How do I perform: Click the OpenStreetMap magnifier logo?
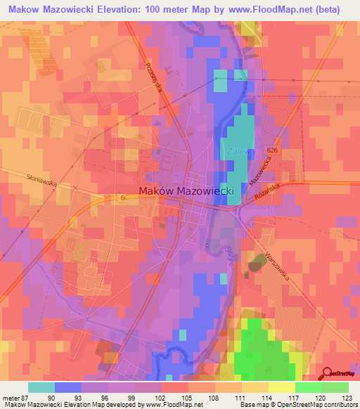point(328,374)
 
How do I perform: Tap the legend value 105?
point(186,397)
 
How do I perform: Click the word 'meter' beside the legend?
point(9,397)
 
